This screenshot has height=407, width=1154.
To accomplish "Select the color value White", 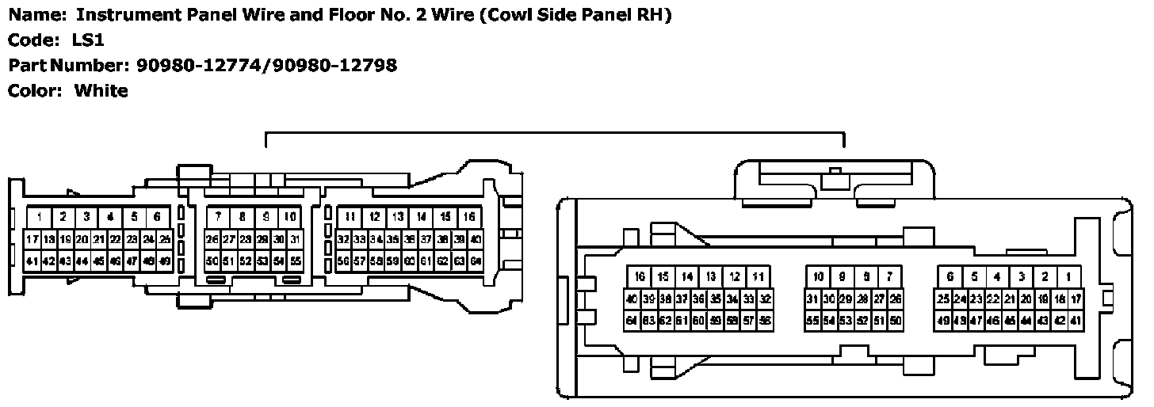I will [101, 90].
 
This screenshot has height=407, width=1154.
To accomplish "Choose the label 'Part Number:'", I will [68, 65].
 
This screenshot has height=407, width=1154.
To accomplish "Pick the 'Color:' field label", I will [36, 90].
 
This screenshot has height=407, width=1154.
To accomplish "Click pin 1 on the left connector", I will [39, 216].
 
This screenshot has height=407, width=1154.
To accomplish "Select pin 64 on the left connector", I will [476, 261].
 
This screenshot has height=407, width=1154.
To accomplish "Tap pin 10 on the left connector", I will [290, 216].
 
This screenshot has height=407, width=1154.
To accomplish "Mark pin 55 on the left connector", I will [295, 261].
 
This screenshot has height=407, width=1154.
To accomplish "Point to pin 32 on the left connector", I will [343, 239].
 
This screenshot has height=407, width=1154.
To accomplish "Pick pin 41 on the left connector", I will [32, 261].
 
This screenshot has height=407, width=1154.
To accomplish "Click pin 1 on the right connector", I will [1069, 277].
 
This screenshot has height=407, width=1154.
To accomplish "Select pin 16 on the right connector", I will [640, 277].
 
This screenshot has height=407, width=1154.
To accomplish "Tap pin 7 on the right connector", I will [890, 277].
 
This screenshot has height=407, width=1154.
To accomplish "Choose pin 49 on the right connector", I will [943, 321].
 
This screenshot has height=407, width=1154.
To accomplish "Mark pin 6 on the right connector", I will [950, 277].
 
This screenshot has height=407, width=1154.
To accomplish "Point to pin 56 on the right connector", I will [766, 321].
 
